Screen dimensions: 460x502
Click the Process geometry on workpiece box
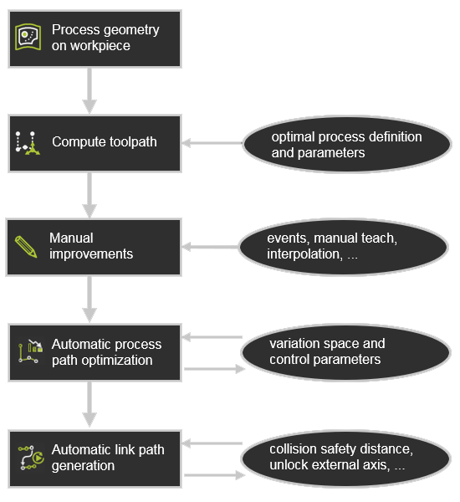click(x=95, y=39)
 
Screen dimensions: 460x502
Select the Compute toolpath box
click(x=95, y=143)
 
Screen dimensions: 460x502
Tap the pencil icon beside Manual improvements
click(x=26, y=246)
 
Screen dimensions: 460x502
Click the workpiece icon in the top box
click(x=28, y=37)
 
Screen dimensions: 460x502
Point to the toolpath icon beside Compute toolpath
click(x=28, y=143)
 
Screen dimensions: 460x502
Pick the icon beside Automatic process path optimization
click(x=30, y=351)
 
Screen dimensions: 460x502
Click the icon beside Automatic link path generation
click(x=31, y=458)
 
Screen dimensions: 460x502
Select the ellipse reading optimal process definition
click(x=347, y=144)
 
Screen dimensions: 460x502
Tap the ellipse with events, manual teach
click(x=343, y=247)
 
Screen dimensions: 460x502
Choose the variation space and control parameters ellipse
click(x=345, y=352)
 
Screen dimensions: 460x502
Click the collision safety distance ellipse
click(x=345, y=458)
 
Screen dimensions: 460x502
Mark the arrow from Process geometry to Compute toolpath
click(x=89, y=91)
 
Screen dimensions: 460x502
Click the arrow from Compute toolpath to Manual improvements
click(x=89, y=195)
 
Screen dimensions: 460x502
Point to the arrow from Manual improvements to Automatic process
click(x=89, y=300)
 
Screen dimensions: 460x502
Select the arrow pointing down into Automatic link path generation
click(x=89, y=404)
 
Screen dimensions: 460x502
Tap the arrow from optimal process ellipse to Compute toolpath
click(x=212, y=143)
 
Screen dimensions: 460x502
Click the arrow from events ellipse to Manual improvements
click(x=210, y=247)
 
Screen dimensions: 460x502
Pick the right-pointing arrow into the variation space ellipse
click(x=215, y=369)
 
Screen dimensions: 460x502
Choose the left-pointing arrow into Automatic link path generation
click(x=212, y=443)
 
